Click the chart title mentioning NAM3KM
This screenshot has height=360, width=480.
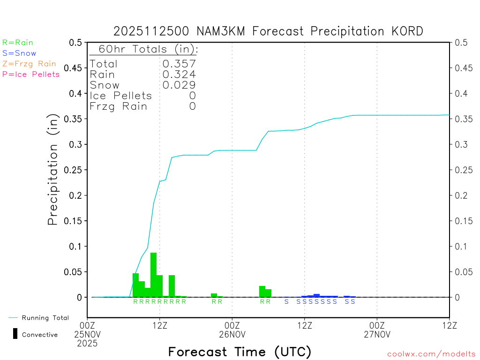click(x=268, y=31)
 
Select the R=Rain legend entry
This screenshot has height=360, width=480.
click(x=18, y=43)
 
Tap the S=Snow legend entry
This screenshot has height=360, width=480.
click(x=19, y=53)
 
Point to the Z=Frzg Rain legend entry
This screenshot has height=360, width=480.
click(x=29, y=64)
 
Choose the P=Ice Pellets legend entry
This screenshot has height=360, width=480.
click(x=31, y=74)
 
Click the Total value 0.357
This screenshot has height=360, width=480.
click(x=179, y=64)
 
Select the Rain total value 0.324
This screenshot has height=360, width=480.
click(x=179, y=75)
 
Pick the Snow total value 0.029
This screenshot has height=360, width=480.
click(x=179, y=85)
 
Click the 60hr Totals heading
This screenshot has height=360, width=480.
click(x=144, y=49)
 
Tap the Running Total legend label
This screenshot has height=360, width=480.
click(x=45, y=318)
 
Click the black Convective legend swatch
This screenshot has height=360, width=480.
click(x=15, y=334)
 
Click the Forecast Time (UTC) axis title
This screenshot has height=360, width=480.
click(x=240, y=352)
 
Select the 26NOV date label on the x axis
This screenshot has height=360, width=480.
click(x=232, y=334)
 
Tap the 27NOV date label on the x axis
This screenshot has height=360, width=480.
click(x=377, y=334)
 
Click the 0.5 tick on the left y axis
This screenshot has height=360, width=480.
click(x=75, y=43)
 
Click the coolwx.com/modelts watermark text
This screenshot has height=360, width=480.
click(x=431, y=354)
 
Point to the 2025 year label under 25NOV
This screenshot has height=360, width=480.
click(x=88, y=343)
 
